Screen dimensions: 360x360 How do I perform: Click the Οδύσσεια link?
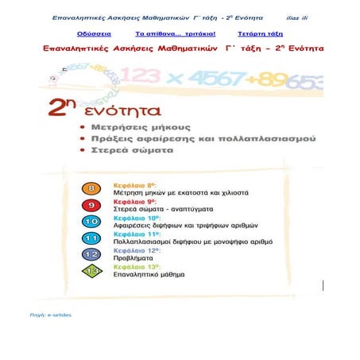click(95, 36)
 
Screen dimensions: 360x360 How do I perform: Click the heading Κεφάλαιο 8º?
click(133, 185)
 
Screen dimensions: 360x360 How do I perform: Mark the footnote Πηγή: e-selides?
click(49, 315)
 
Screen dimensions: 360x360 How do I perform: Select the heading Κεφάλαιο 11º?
click(134, 234)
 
